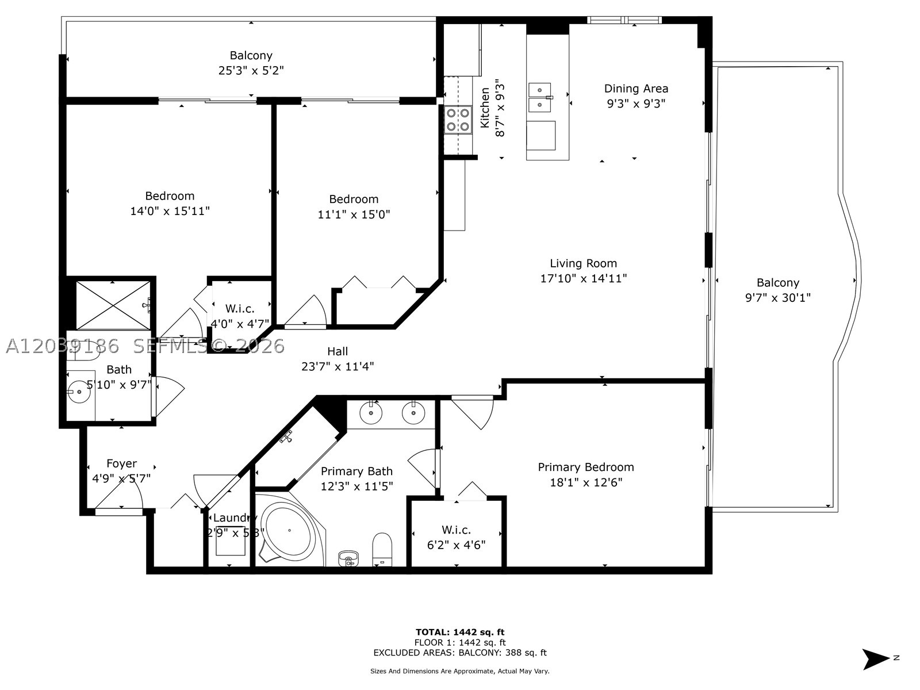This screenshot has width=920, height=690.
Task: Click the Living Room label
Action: click(x=583, y=263)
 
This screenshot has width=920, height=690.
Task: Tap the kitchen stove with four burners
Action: click(x=458, y=120)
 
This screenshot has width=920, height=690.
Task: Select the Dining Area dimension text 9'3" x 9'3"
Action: click(x=636, y=103)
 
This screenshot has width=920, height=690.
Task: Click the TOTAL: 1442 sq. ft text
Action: click(x=460, y=632)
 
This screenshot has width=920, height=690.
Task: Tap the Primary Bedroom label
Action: click(x=585, y=467)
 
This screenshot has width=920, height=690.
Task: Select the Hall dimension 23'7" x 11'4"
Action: click(x=338, y=367)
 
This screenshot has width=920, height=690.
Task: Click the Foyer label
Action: click(x=121, y=463)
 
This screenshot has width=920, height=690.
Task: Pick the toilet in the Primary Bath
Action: click(x=382, y=549)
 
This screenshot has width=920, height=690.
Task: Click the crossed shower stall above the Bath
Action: click(x=113, y=305)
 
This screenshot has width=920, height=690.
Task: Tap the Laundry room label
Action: click(x=235, y=518)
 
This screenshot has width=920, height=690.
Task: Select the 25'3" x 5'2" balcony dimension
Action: click(x=251, y=70)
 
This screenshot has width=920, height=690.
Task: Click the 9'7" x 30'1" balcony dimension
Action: click(x=777, y=298)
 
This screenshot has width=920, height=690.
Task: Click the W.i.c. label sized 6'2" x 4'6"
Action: click(x=456, y=530)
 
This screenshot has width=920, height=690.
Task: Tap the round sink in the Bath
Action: click(x=79, y=392)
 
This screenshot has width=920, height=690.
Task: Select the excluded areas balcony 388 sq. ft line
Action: click(x=460, y=653)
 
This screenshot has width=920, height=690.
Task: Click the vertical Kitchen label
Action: click(x=485, y=108)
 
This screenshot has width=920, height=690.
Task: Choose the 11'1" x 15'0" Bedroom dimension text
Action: click(x=354, y=214)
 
